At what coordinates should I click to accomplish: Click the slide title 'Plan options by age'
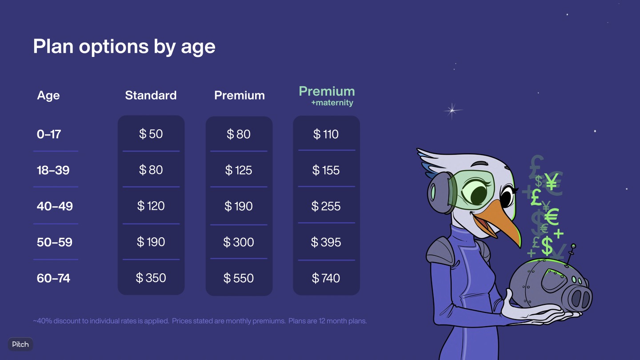tap(124, 47)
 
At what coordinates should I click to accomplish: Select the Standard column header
tap(151, 95)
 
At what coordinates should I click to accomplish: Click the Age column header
tap(48, 96)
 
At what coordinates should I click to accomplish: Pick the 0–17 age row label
tap(49, 134)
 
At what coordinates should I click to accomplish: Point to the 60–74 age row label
tap(53, 278)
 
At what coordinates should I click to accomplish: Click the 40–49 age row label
tap(55, 206)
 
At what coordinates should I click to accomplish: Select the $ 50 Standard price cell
tap(151, 134)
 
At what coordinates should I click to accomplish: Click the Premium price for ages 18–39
tap(239, 170)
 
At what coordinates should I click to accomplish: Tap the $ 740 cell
tap(326, 278)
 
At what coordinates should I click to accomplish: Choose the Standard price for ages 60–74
tap(151, 278)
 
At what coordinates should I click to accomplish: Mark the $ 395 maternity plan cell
tap(326, 242)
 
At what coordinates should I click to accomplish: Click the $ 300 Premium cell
tap(239, 242)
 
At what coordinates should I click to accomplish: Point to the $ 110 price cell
tap(326, 134)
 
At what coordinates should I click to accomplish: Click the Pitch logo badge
tap(20, 344)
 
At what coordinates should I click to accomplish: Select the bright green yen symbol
tap(552, 182)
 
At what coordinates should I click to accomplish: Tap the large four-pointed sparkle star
tap(452, 110)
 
